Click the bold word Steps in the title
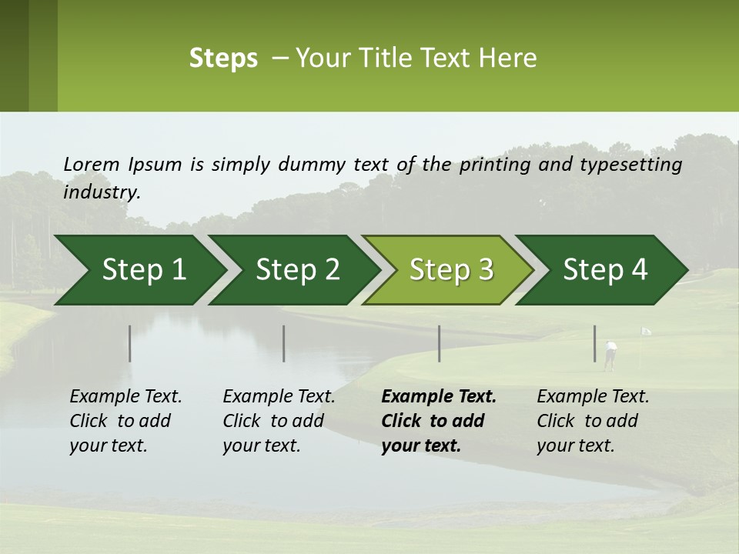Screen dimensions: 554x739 [223, 58]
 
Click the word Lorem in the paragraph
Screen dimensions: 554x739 [91, 164]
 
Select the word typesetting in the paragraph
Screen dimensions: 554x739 [636, 165]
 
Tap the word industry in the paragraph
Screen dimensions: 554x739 [100, 192]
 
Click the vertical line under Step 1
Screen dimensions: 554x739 [129, 343]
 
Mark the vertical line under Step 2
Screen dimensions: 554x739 [284, 343]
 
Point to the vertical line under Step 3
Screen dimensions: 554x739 [439, 343]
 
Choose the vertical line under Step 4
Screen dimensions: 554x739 [594, 343]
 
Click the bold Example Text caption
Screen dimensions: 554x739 [439, 397]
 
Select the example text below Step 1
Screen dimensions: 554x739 [125, 421]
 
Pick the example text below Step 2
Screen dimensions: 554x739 [279, 421]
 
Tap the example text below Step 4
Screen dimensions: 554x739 [593, 421]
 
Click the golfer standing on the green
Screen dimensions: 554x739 [610, 355]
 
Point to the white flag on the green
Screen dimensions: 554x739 [646, 332]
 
